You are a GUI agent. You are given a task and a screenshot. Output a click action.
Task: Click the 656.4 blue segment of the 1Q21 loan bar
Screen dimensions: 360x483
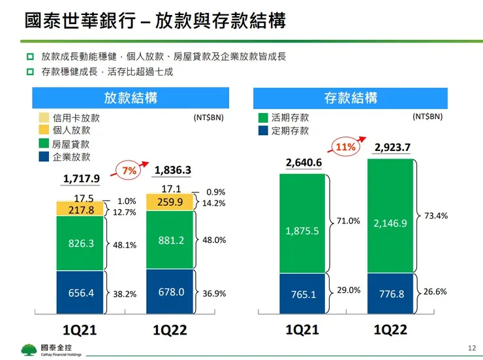[x=81, y=293]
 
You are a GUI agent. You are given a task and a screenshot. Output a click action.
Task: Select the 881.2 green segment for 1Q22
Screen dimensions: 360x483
[x=171, y=240]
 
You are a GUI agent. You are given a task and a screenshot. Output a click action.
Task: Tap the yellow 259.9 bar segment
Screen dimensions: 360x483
[x=171, y=203]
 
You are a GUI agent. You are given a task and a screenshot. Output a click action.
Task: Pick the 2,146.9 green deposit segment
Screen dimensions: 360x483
[x=390, y=223]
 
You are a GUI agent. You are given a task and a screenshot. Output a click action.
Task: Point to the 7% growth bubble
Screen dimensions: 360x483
[x=129, y=171]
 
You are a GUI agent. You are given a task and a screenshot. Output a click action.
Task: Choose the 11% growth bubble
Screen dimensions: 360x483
[x=345, y=147]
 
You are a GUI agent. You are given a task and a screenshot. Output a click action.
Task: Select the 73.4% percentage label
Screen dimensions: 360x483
[x=436, y=216]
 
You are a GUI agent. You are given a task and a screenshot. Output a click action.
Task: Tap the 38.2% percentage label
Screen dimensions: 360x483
[x=125, y=294]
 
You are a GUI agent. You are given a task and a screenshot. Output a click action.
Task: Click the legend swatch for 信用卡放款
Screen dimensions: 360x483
[x=44, y=118]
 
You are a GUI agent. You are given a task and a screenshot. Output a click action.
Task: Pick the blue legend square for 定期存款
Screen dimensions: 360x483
[x=264, y=131]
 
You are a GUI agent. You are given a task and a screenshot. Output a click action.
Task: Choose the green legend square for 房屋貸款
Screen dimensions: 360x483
[x=44, y=144]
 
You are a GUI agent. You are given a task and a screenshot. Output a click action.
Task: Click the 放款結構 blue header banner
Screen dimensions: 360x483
[x=131, y=98]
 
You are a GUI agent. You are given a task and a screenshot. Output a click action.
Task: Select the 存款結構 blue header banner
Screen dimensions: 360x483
[x=350, y=98]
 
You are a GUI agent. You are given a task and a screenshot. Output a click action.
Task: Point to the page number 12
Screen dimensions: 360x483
[x=473, y=348]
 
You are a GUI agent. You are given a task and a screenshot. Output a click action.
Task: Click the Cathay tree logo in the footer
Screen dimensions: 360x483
[x=29, y=350]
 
